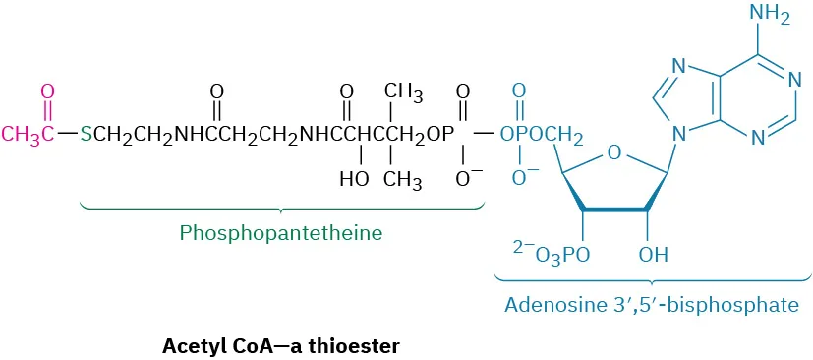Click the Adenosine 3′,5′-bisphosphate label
coord(651,305)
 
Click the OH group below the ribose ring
coord(652,256)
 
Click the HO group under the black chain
coord(354,180)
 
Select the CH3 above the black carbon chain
coord(403,92)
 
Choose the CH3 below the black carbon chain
coord(403,180)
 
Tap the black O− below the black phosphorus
coord(466,180)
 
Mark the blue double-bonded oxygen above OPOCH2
coord(518,91)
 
